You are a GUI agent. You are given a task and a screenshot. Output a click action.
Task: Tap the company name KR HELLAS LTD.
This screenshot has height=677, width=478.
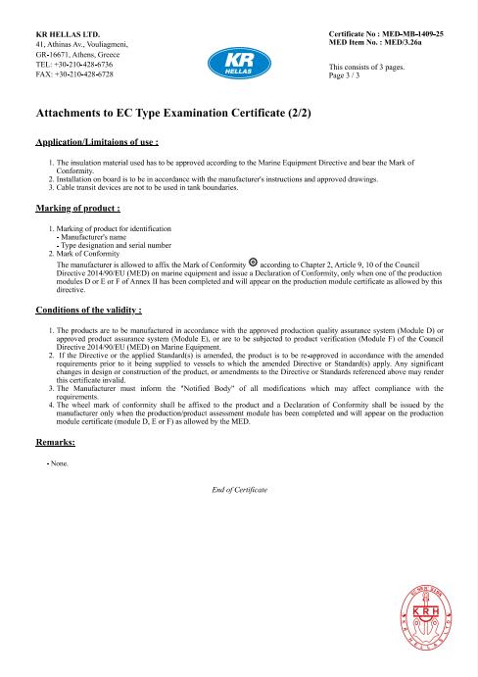pyautogui.click(x=68, y=34)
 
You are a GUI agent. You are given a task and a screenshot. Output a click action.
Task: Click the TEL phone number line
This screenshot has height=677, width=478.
pyautogui.click(x=73, y=65)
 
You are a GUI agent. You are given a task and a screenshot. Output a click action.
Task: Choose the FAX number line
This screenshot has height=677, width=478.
pyautogui.click(x=73, y=74)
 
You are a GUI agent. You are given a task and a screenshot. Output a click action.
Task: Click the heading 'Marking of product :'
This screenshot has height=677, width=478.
pyautogui.click(x=77, y=210)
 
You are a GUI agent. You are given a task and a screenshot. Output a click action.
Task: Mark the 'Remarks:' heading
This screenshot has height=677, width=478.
pyautogui.click(x=55, y=443)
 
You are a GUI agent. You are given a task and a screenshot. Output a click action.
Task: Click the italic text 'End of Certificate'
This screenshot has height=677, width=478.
pyautogui.click(x=239, y=489)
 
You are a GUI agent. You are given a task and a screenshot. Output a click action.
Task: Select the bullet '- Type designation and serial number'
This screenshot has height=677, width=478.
pyautogui.click(x=115, y=245)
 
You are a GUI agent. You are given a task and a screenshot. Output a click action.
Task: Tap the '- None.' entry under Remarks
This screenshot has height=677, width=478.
pyautogui.click(x=60, y=462)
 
